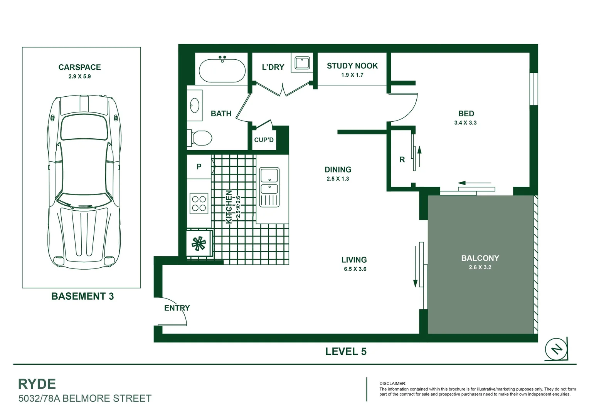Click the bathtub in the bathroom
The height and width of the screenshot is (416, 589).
222,70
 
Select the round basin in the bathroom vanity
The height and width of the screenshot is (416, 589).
195,105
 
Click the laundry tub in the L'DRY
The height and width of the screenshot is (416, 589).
302,62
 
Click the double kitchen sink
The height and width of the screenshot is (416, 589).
269,187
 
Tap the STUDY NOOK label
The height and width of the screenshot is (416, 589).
352,66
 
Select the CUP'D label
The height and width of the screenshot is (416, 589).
264,140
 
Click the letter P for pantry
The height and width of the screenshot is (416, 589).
199,166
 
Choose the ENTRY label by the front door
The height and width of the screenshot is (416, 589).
177,308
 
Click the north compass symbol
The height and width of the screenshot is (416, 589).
556,349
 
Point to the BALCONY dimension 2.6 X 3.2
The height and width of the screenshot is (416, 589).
480,267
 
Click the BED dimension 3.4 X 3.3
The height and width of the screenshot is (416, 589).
465,123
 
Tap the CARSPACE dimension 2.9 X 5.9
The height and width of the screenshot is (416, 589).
79,76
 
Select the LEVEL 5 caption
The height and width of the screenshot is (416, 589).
346,351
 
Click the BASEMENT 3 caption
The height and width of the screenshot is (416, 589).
82,296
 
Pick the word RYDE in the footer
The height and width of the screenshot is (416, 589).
37,384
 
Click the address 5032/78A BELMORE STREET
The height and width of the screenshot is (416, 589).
85,398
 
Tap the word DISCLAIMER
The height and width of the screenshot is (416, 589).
392,384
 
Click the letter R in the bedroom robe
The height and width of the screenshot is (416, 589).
402,159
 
